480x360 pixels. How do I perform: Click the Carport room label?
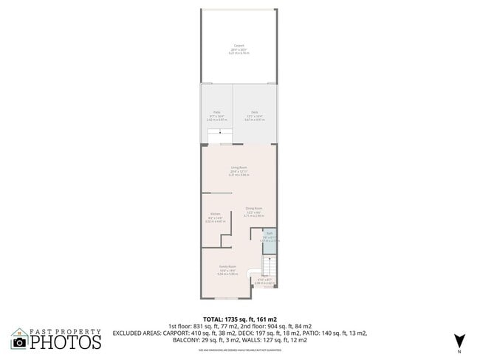pyautogui.click(x=239, y=45)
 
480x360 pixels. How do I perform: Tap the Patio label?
pyautogui.click(x=217, y=112)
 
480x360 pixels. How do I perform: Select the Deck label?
pyautogui.click(x=254, y=112)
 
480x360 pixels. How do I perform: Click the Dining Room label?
pyautogui.click(x=254, y=210)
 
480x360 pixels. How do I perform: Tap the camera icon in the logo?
pyautogui.click(x=19, y=342)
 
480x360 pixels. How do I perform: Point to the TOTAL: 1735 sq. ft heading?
pyautogui.click(x=240, y=319)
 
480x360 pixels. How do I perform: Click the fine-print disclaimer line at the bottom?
pyautogui.click(x=240, y=349)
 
